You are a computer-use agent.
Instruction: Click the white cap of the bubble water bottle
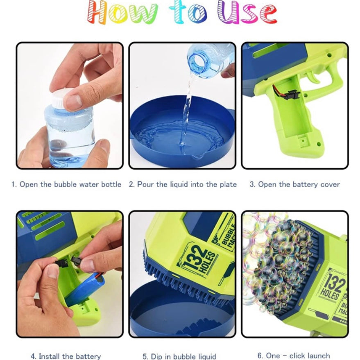click(x=61, y=98)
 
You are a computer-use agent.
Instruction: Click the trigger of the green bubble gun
click(x=312, y=77)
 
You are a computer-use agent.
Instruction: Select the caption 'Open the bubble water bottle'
click(x=70, y=184)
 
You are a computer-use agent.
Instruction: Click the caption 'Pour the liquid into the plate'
click(x=187, y=184)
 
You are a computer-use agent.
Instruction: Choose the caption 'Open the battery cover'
click(x=299, y=184)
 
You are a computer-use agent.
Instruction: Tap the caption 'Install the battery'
click(x=70, y=356)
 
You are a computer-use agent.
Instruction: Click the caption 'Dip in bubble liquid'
click(x=183, y=356)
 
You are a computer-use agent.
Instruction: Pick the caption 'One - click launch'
click(x=298, y=356)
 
